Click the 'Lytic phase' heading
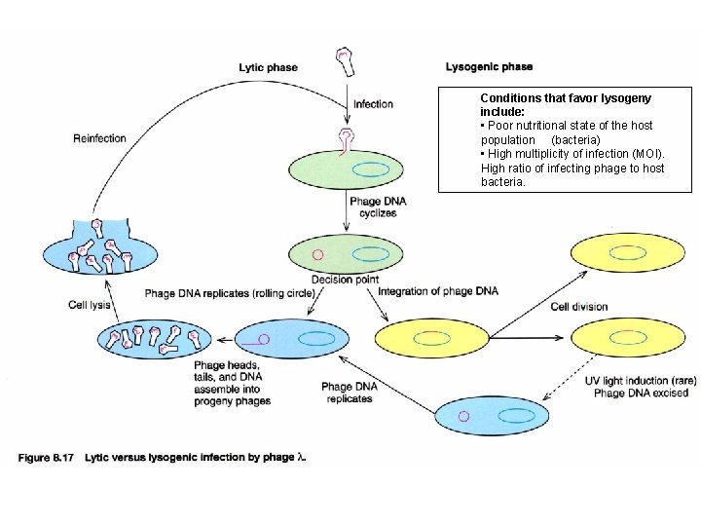[x=268, y=67]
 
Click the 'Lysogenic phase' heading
[x=489, y=66]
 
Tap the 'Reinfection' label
[x=99, y=138]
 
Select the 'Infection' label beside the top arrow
[x=374, y=104]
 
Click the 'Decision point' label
[x=348, y=280]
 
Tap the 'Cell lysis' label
[x=90, y=305]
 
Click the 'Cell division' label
[x=578, y=307]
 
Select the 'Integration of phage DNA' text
[x=437, y=291]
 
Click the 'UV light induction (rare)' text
[x=640, y=381]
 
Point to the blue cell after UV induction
[x=492, y=416]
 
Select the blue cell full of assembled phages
[x=155, y=339]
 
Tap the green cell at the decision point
[x=346, y=255]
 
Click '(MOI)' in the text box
[x=645, y=154]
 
